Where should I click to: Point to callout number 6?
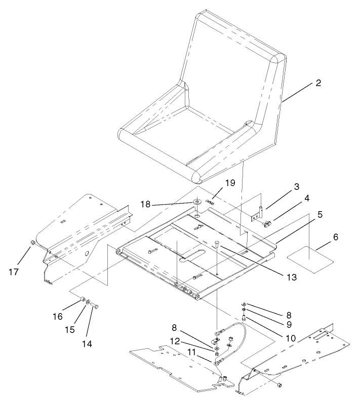tap(322, 236)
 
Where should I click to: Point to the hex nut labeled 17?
tap(32, 244)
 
